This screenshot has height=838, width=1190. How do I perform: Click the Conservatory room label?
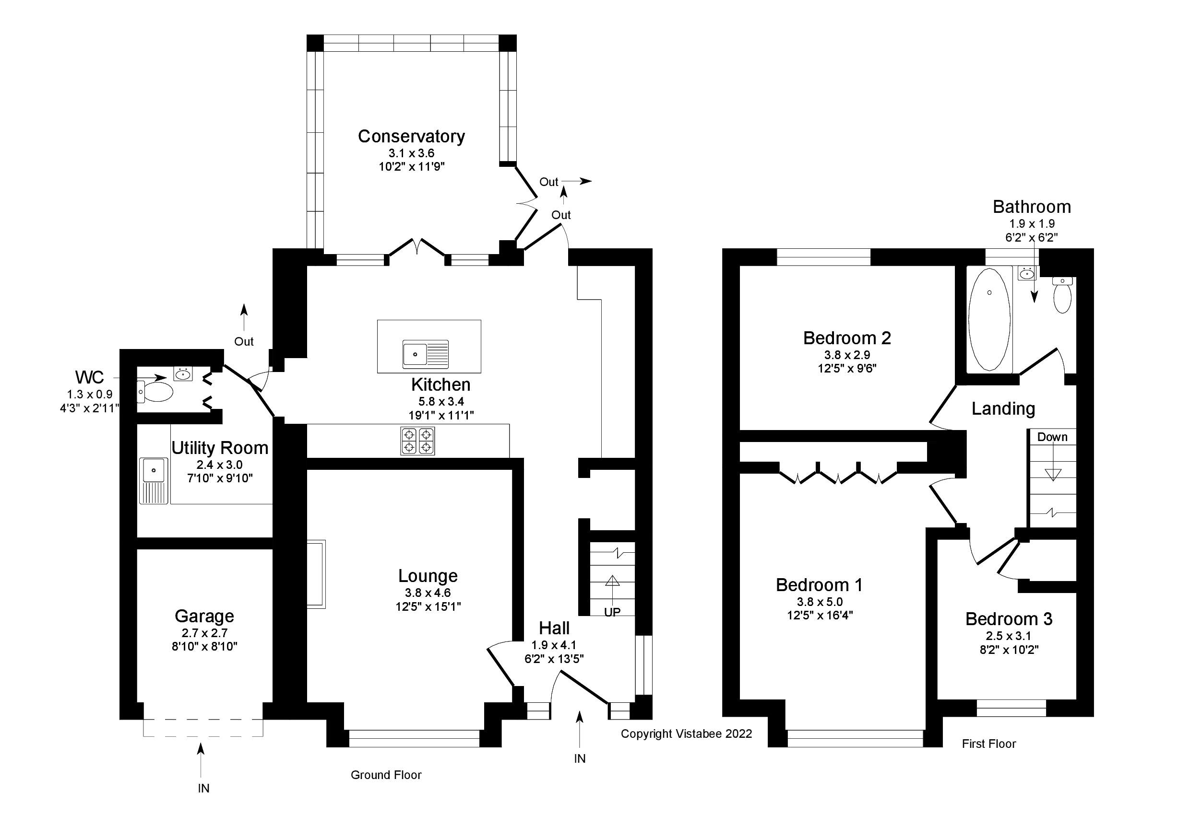(411, 137)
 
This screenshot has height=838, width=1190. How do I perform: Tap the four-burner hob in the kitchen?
(417, 441)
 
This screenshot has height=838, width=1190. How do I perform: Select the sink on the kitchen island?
(415, 354)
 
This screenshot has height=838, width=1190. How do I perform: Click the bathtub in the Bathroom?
(989, 319)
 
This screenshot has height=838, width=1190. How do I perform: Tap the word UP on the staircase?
(612, 612)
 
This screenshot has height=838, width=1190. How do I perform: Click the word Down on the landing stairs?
(1052, 437)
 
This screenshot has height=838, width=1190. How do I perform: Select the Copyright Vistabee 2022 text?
(686, 733)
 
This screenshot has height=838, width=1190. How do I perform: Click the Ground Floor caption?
(386, 775)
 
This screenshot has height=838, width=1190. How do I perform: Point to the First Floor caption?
(988, 744)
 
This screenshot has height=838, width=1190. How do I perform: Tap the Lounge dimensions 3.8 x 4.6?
(428, 593)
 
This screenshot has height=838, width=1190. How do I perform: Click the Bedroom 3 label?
(1009, 619)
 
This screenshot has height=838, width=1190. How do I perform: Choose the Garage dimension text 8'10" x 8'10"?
(204, 646)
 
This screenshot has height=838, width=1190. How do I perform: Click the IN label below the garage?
(203, 788)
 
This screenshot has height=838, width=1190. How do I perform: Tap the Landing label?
(1003, 408)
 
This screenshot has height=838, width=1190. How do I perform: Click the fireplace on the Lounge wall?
(316, 573)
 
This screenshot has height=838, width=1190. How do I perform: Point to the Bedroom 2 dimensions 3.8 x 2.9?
(847, 355)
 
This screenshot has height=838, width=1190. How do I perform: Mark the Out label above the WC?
(244, 341)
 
